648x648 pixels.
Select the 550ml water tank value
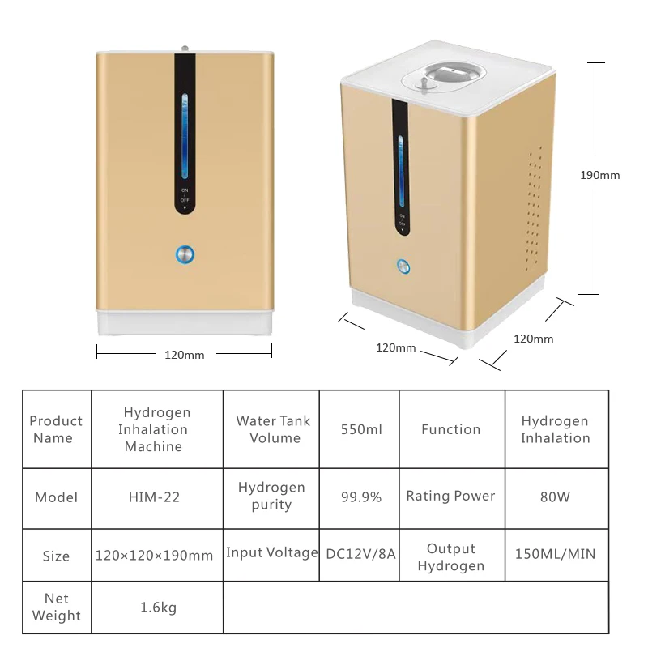(360, 429)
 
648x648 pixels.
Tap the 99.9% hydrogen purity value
(360, 497)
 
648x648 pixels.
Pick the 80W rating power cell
(556, 497)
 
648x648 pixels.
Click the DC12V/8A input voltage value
(360, 555)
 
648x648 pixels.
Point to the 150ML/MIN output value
(556, 555)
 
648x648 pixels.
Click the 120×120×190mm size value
(154, 556)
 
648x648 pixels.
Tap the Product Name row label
(56, 429)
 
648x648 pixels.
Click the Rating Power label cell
(450, 497)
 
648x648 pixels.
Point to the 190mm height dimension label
(599, 175)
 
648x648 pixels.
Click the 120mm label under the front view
(185, 354)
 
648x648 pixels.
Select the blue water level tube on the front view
(185, 136)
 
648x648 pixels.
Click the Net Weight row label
(56, 607)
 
